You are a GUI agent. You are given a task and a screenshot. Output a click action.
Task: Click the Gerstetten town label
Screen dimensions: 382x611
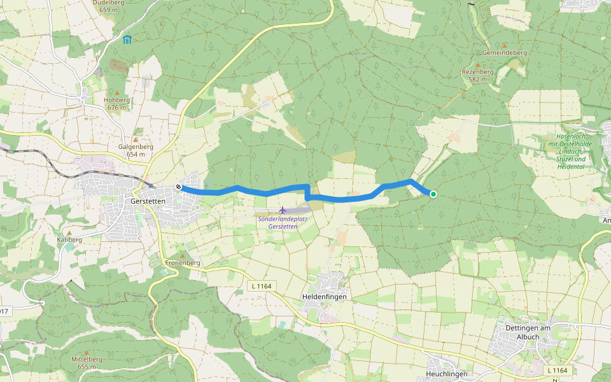click(x=147, y=201)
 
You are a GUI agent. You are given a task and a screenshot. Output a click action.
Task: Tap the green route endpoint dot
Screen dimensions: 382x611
click(x=433, y=194)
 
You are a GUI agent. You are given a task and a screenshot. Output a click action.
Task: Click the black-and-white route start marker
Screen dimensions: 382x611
click(x=179, y=187)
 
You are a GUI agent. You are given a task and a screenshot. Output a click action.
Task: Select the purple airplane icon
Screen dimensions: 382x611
click(x=283, y=210)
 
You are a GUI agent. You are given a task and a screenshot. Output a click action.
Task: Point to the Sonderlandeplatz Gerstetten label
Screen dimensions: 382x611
click(x=283, y=223)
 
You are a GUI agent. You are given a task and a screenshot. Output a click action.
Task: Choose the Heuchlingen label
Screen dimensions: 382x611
click(x=447, y=374)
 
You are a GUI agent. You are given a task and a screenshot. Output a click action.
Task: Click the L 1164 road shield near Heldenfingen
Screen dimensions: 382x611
click(x=261, y=286)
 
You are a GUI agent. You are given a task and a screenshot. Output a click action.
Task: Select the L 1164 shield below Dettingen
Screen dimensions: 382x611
click(x=557, y=370)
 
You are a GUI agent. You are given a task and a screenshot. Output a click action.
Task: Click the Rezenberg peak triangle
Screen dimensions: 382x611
click(x=478, y=65)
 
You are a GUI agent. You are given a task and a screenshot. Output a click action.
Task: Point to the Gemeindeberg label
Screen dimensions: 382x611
click(x=505, y=53)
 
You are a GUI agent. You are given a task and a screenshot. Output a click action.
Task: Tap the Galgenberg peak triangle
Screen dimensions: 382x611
click(x=135, y=139)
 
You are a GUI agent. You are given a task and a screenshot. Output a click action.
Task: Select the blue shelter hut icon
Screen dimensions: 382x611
click(x=127, y=39)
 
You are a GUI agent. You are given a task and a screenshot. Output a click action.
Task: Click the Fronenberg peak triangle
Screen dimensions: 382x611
click(x=183, y=255)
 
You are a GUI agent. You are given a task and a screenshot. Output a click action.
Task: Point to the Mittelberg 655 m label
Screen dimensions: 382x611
click(x=87, y=362)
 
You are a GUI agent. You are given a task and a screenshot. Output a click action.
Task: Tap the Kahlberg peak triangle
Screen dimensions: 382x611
click(x=69, y=233)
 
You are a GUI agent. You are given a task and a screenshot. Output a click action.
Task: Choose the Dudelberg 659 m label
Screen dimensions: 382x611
click(x=109, y=6)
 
